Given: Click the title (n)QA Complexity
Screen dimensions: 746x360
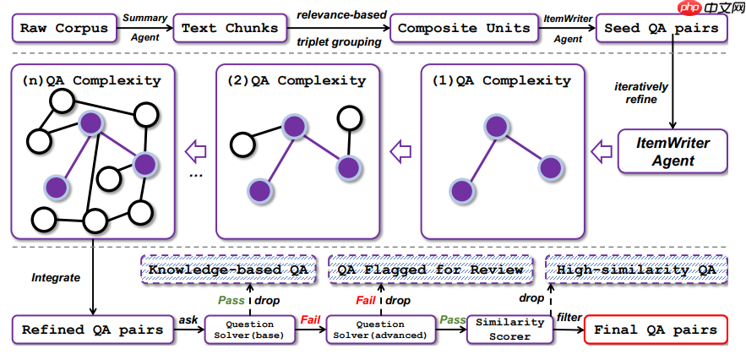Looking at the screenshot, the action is coord(92,80).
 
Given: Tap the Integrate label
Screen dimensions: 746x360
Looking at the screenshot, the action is coord(55,276).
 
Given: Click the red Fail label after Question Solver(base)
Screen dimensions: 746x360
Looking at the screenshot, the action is coord(311,319).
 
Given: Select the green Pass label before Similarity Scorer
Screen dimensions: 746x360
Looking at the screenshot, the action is coord(453,319).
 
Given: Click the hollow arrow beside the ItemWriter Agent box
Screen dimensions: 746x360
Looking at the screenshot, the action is coord(601,151).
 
